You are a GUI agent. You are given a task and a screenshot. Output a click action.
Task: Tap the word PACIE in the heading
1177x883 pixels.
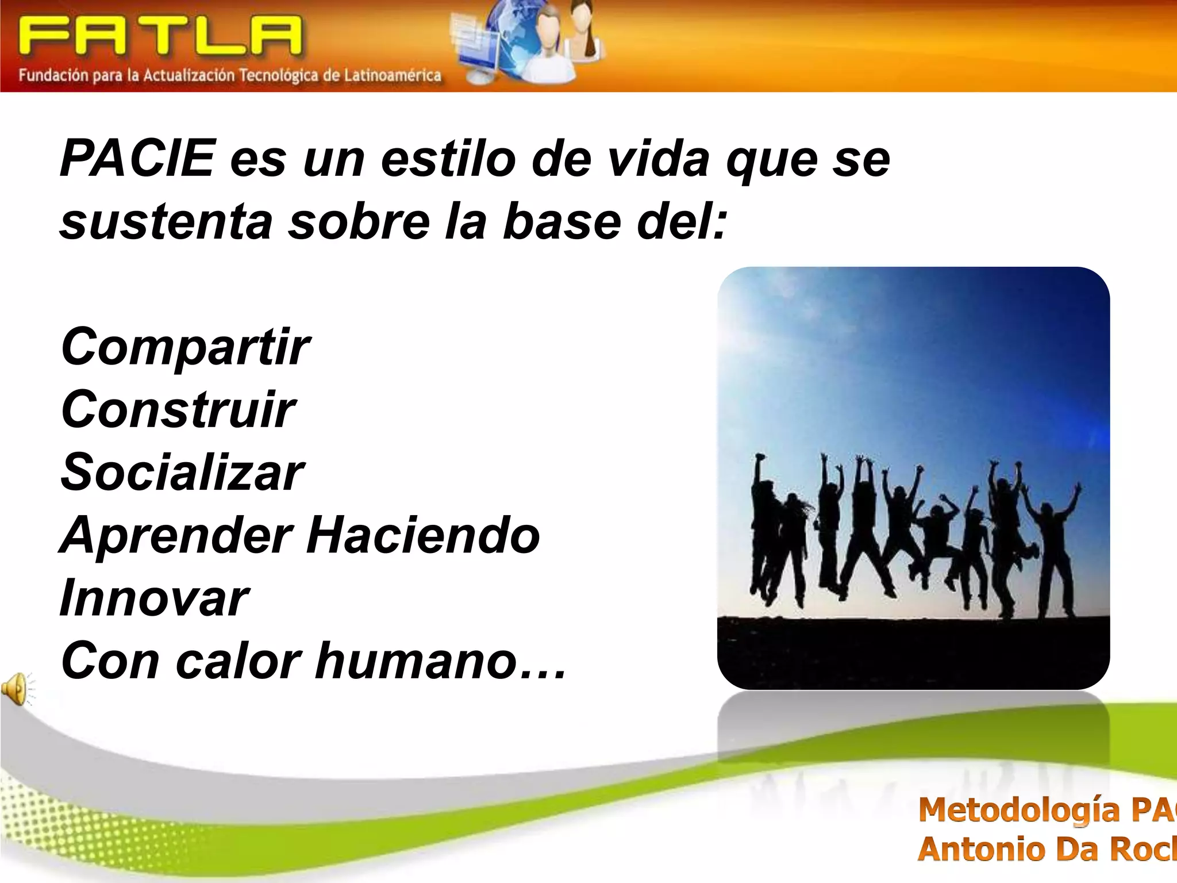click(x=137, y=158)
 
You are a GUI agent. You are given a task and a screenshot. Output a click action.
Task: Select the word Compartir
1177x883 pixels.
click(x=185, y=347)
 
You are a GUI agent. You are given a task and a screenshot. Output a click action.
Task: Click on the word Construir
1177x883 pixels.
click(x=178, y=409)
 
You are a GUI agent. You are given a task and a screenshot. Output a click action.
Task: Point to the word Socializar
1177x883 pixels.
click(x=182, y=472)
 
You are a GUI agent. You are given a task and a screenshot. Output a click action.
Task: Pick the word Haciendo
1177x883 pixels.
click(x=423, y=535)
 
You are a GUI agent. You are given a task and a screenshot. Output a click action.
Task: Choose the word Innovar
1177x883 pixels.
click(x=154, y=598)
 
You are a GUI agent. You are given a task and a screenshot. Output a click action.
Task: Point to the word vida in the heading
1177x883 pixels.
click(x=659, y=158)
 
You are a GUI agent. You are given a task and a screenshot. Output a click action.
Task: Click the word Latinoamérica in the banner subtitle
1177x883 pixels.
click(x=393, y=75)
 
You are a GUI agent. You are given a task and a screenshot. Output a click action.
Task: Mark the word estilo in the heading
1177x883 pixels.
click(x=448, y=158)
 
